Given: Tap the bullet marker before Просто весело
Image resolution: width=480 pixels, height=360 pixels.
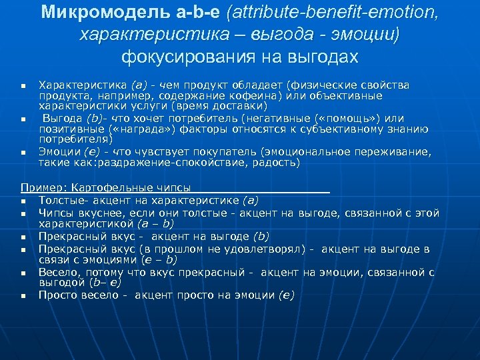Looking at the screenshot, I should coord(23,295).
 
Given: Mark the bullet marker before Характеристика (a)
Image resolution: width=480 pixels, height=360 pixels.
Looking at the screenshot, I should coord(23,86).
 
